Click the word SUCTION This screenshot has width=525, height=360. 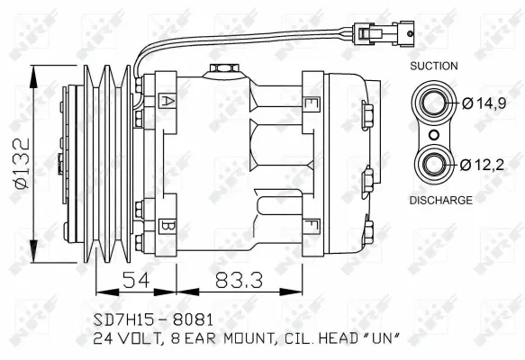(x=434, y=67)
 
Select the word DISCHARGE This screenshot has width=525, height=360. (x=440, y=200)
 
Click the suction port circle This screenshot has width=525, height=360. (x=434, y=103)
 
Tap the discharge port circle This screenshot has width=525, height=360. (x=434, y=164)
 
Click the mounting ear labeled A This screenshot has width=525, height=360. (x=167, y=101)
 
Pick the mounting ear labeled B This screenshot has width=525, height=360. (x=167, y=224)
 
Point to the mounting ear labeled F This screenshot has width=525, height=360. (x=311, y=224)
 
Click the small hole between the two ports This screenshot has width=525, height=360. (x=434, y=134)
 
